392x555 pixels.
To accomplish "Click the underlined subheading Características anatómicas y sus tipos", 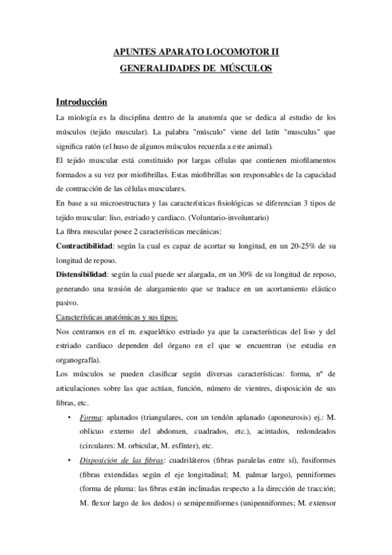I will pos(116,317).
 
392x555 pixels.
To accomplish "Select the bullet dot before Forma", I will pos(70,417).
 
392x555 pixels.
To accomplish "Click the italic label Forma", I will pos(90,417).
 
